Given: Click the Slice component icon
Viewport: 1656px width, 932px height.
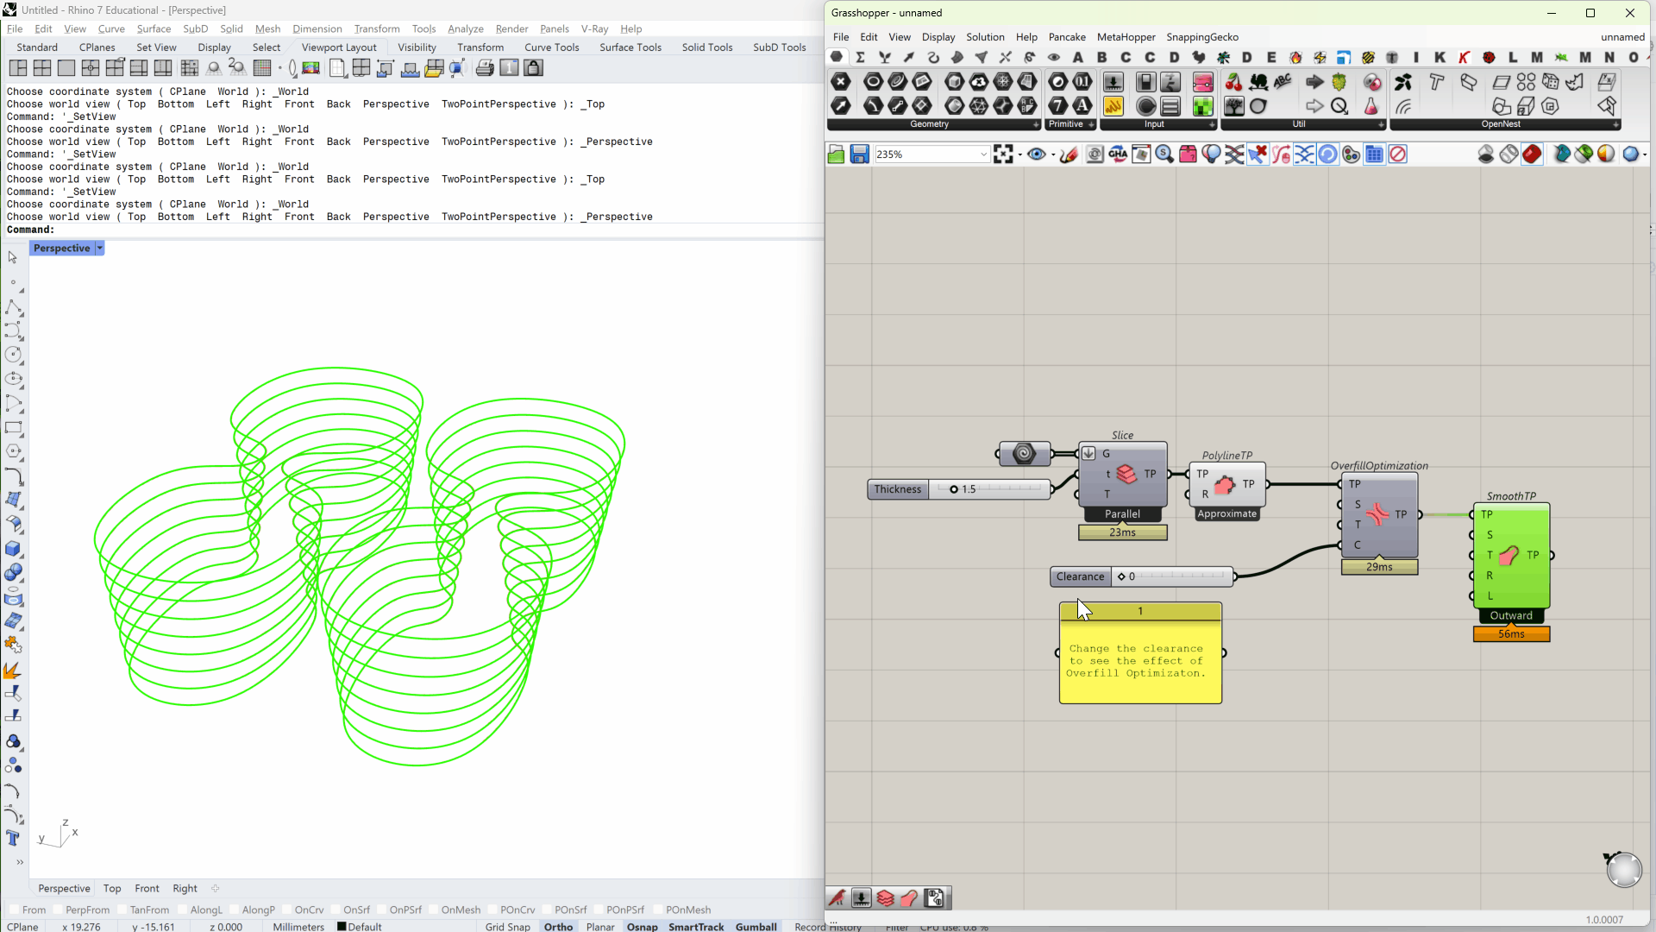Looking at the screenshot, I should pyautogui.click(x=1126, y=474).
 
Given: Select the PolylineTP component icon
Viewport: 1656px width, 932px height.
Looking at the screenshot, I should pyautogui.click(x=1225, y=485).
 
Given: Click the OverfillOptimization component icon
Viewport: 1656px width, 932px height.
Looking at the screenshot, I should pyautogui.click(x=1377, y=514).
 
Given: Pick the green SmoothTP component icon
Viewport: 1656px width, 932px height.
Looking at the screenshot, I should pyautogui.click(x=1509, y=556).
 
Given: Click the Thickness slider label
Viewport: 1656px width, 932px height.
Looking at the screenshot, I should pyautogui.click(x=898, y=489).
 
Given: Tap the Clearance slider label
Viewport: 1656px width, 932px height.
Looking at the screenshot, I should pyautogui.click(x=1080, y=576).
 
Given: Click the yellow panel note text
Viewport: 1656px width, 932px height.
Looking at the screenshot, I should pyautogui.click(x=1136, y=661).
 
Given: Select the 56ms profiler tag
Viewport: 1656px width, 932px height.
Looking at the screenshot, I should pyautogui.click(x=1511, y=634).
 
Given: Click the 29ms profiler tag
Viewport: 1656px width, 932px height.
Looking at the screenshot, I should pyautogui.click(x=1379, y=567).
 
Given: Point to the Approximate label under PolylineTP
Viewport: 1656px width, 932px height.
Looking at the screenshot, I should pyautogui.click(x=1227, y=513).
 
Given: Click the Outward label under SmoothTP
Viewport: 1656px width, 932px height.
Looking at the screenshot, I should pyautogui.click(x=1511, y=615).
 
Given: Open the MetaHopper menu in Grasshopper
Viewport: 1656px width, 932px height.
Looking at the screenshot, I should pyautogui.click(x=1126, y=37).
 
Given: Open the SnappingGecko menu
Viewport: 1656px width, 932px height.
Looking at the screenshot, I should pyautogui.click(x=1202, y=37).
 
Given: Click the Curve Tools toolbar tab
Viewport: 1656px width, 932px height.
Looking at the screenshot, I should pyautogui.click(x=551, y=47).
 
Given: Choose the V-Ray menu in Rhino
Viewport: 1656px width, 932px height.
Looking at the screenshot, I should pyautogui.click(x=594, y=28).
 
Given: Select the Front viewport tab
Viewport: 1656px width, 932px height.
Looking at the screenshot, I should pyautogui.click(x=147, y=888).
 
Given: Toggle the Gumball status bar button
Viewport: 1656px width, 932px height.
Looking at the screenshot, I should pyautogui.click(x=756, y=926).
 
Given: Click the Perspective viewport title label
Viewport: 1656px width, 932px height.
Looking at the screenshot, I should pyautogui.click(x=61, y=249).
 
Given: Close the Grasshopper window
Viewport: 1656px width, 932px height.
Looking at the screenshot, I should pyautogui.click(x=1629, y=13).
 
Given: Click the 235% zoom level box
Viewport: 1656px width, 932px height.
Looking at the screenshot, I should pyautogui.click(x=928, y=154).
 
